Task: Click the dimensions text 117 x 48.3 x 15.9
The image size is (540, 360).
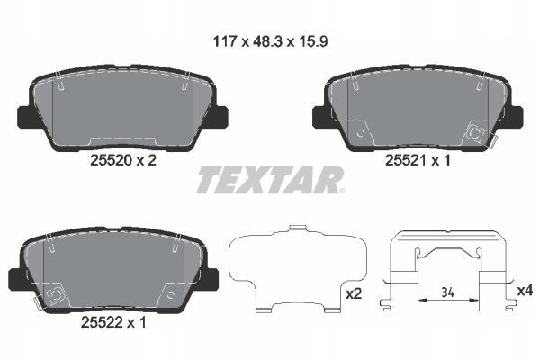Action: point(270,41)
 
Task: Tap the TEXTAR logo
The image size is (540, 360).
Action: point(269,180)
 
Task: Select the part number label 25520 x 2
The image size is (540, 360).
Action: point(123,160)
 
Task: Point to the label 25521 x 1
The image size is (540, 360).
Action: point(418,160)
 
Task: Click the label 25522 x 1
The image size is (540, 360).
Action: point(113,322)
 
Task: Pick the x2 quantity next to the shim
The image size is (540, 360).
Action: point(354,294)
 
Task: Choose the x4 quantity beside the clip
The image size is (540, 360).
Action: point(525,291)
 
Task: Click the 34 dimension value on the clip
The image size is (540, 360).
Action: point(447,292)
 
